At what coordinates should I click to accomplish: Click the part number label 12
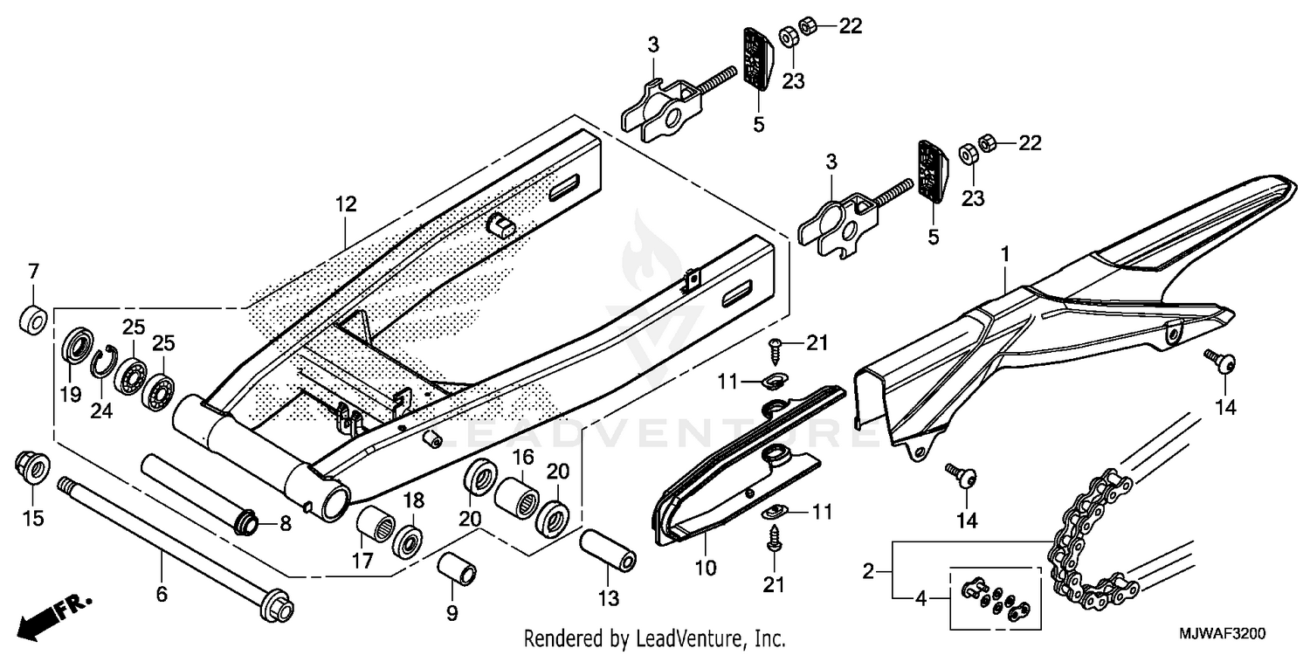(x=346, y=205)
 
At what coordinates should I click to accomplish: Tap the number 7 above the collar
(x=34, y=269)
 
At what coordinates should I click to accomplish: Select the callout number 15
(x=33, y=519)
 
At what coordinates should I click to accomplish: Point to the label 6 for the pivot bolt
(x=162, y=595)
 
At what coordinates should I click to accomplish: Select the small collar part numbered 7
(x=33, y=319)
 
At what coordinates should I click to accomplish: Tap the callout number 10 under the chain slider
(x=706, y=569)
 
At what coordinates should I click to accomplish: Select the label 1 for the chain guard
(x=1005, y=255)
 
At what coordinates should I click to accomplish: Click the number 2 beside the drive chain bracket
(x=868, y=573)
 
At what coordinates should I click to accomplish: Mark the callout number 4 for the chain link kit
(x=920, y=599)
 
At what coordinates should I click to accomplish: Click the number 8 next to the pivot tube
(x=285, y=524)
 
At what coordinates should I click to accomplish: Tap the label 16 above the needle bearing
(x=522, y=457)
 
